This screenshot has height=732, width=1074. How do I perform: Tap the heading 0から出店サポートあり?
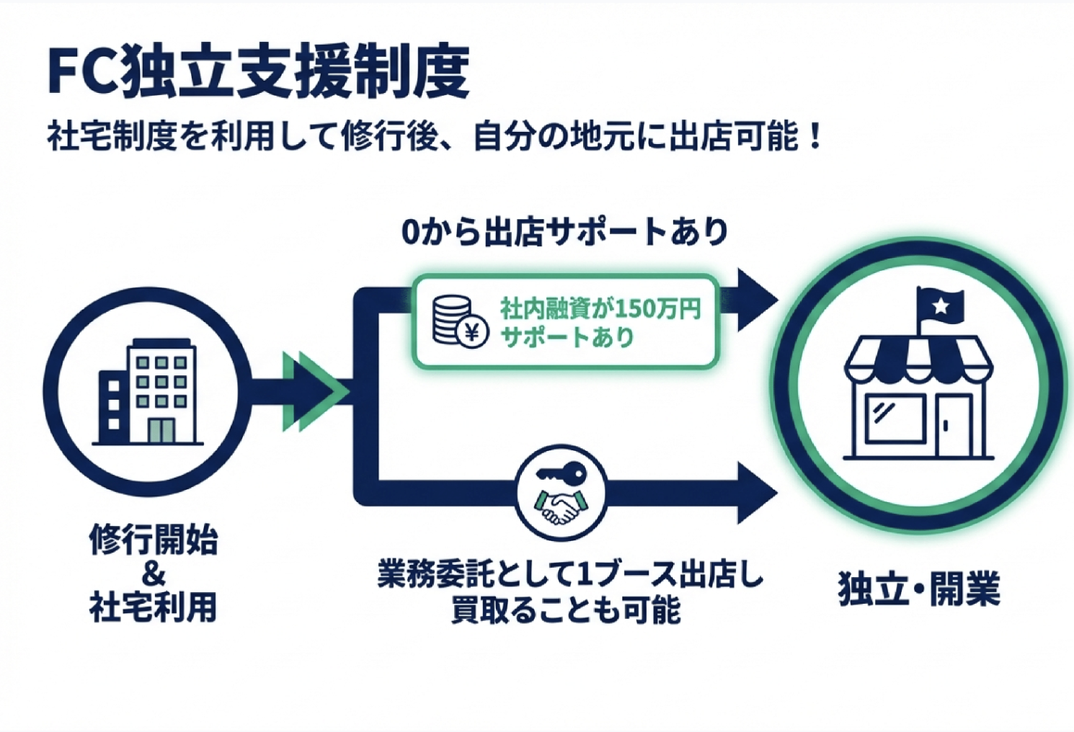(564, 232)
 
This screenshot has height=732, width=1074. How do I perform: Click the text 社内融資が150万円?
(600, 308)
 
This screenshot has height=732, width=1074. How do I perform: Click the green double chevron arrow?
(312, 392)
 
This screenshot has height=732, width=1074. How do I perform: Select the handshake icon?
(560, 504)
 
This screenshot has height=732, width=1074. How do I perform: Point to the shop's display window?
(894, 419)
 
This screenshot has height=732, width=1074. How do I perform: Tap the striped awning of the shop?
(918, 358)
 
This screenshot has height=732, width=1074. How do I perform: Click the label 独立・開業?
(918, 589)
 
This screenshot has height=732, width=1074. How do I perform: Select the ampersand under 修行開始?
(153, 574)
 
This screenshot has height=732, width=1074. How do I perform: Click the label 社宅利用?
(153, 607)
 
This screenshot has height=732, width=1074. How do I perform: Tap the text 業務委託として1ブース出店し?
(569, 574)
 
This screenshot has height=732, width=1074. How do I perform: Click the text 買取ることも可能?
(565, 610)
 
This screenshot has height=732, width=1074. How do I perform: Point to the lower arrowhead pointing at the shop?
(757, 493)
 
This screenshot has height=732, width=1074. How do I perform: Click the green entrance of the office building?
(161, 430)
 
